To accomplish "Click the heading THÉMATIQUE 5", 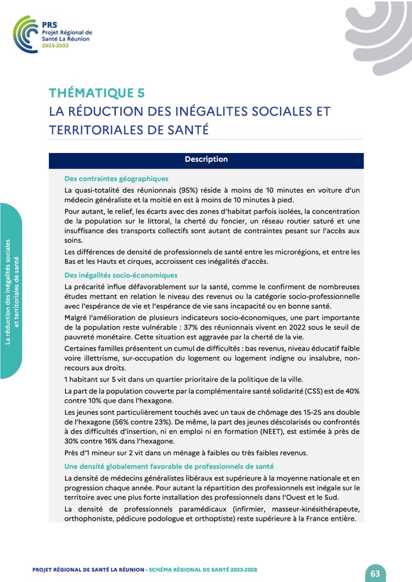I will (97, 93).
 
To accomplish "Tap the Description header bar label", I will (206, 159).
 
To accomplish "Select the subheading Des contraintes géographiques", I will (116, 179).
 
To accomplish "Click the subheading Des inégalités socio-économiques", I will (121, 275).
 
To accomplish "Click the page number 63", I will (375, 574).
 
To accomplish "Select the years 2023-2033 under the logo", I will (55, 45).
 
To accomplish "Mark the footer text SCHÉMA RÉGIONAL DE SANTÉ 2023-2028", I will (203, 570).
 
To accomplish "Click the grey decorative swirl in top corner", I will (382, 34).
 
